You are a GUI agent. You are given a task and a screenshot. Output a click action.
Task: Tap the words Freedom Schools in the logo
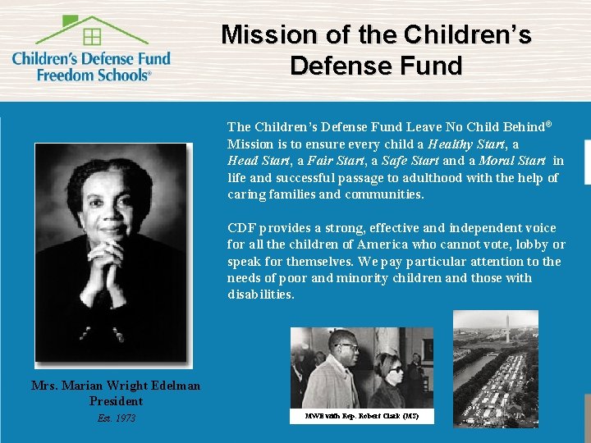(x=94, y=74)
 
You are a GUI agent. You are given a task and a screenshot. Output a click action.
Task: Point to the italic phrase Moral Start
(x=512, y=161)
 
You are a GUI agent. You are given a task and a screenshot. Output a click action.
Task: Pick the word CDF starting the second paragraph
(x=242, y=228)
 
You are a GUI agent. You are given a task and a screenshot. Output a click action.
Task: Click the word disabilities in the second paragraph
(x=260, y=295)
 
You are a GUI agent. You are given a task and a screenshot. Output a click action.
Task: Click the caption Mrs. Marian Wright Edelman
(x=116, y=386)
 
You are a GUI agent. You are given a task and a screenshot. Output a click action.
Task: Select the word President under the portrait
(x=116, y=401)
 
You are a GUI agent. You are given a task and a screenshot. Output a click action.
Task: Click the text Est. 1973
(x=116, y=418)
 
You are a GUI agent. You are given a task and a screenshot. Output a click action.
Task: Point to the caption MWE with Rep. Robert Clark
(x=361, y=416)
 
